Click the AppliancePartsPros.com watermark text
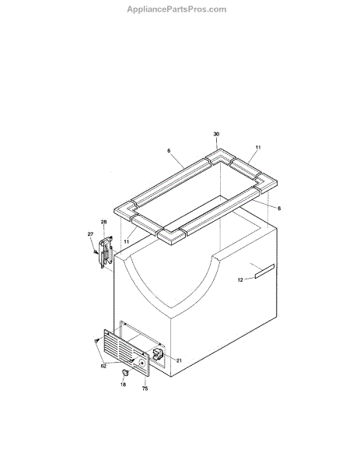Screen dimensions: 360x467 point(177,9)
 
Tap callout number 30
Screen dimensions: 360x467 point(216,134)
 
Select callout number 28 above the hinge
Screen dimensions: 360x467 point(103,222)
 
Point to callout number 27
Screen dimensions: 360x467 point(90,234)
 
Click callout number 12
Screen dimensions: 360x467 point(240,279)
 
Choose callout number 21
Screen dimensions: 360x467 point(179,360)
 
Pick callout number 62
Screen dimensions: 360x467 point(103,367)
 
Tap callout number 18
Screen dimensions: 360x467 point(123,384)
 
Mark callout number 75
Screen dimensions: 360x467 point(145,388)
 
